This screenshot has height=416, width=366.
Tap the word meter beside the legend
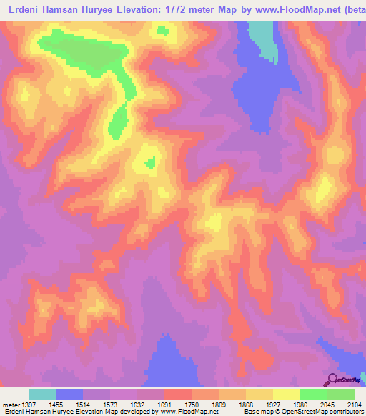tap(11, 405)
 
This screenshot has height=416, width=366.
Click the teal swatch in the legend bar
tap(42, 394)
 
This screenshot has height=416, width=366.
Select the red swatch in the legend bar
tap(178, 394)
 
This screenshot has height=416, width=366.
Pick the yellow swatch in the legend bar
tap(259, 394)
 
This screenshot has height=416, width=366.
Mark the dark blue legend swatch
tap(69, 394)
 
